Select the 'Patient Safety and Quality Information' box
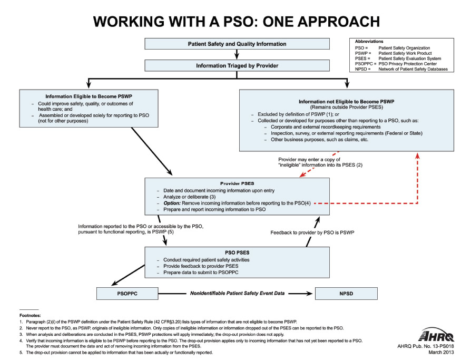click(x=237, y=44)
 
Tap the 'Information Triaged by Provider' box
click(x=237, y=66)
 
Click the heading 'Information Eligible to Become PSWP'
click(x=89, y=96)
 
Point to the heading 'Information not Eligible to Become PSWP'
click(x=346, y=101)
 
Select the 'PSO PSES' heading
click(x=237, y=252)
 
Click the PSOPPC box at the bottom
click(x=127, y=293)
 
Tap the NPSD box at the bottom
click(x=345, y=293)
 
